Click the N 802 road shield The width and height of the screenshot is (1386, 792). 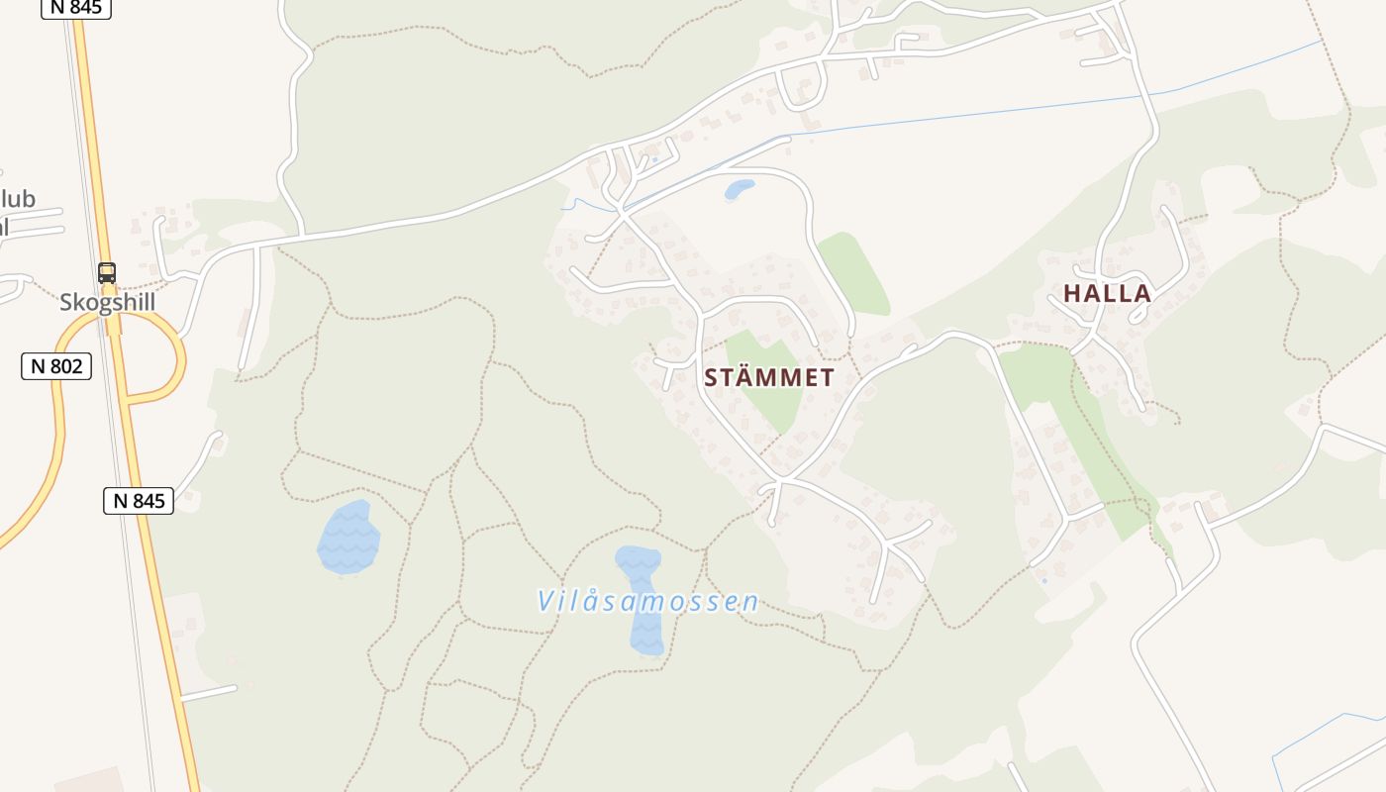click(x=56, y=366)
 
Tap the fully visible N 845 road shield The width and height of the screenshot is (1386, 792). click(x=139, y=501)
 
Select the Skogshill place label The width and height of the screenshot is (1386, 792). click(x=108, y=302)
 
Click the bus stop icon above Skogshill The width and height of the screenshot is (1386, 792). click(x=107, y=273)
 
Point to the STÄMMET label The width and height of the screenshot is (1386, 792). click(x=769, y=377)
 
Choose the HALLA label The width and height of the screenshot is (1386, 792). click(x=1107, y=293)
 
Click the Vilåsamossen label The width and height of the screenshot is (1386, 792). click(x=648, y=601)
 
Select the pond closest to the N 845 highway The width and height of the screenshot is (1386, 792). click(x=348, y=538)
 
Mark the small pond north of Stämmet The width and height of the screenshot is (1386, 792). click(x=739, y=188)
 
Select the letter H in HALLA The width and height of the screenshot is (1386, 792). click(x=1072, y=293)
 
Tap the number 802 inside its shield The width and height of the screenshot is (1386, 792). click(x=65, y=366)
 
